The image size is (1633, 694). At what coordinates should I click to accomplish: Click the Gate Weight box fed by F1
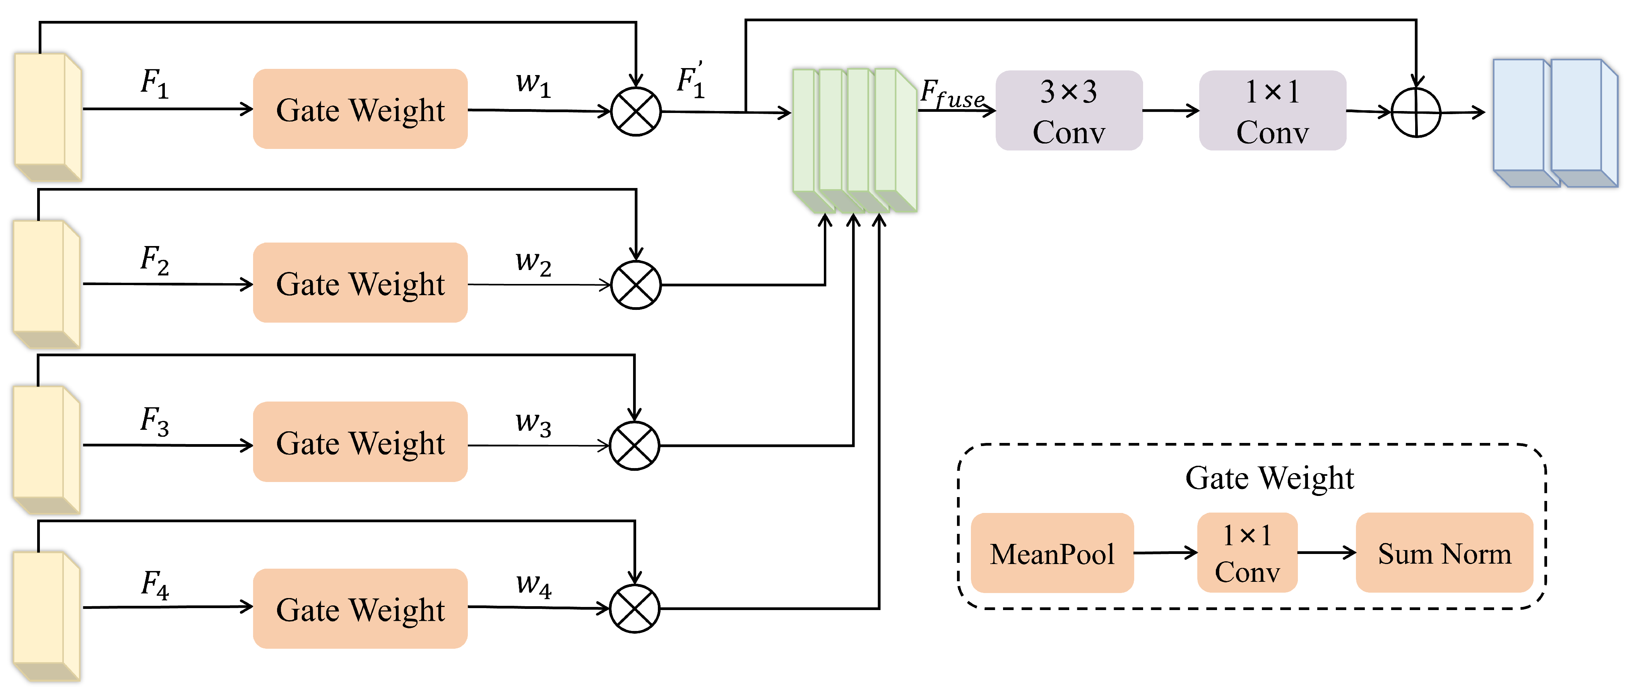[360, 109]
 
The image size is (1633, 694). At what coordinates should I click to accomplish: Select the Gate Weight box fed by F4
[360, 609]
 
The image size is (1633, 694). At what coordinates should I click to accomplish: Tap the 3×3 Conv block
[1069, 110]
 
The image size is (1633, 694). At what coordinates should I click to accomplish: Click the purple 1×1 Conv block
[1272, 110]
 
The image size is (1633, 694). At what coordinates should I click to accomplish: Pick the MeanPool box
[1052, 553]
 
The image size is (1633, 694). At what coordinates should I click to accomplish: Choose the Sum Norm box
[1444, 553]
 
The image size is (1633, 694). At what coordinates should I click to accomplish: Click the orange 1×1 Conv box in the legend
[1247, 553]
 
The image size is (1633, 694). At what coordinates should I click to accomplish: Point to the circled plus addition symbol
[1416, 112]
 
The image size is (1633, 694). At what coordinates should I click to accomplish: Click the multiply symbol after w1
[636, 111]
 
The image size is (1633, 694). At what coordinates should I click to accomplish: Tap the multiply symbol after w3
[635, 446]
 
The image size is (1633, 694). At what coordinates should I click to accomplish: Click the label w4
[533, 585]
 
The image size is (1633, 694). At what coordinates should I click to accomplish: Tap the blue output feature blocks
[1556, 123]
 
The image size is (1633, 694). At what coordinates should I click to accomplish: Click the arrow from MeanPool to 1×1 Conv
[1165, 553]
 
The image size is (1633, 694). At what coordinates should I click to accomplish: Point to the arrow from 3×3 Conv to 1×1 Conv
[1171, 111]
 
